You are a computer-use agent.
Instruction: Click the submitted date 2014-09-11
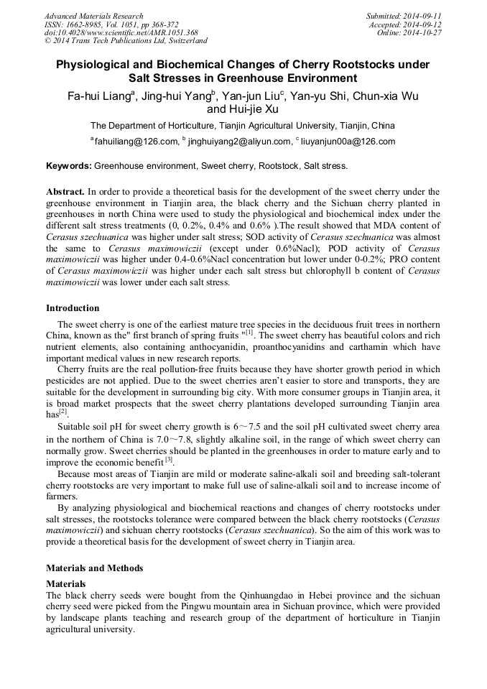[422, 16]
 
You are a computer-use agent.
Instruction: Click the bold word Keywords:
[69, 166]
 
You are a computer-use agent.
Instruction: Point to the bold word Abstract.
[65, 193]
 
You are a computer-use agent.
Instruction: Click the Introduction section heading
[73, 308]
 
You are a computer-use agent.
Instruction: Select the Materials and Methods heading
[94, 568]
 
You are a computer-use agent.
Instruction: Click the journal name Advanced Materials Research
[93, 16]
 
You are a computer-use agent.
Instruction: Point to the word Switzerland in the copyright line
[185, 41]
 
